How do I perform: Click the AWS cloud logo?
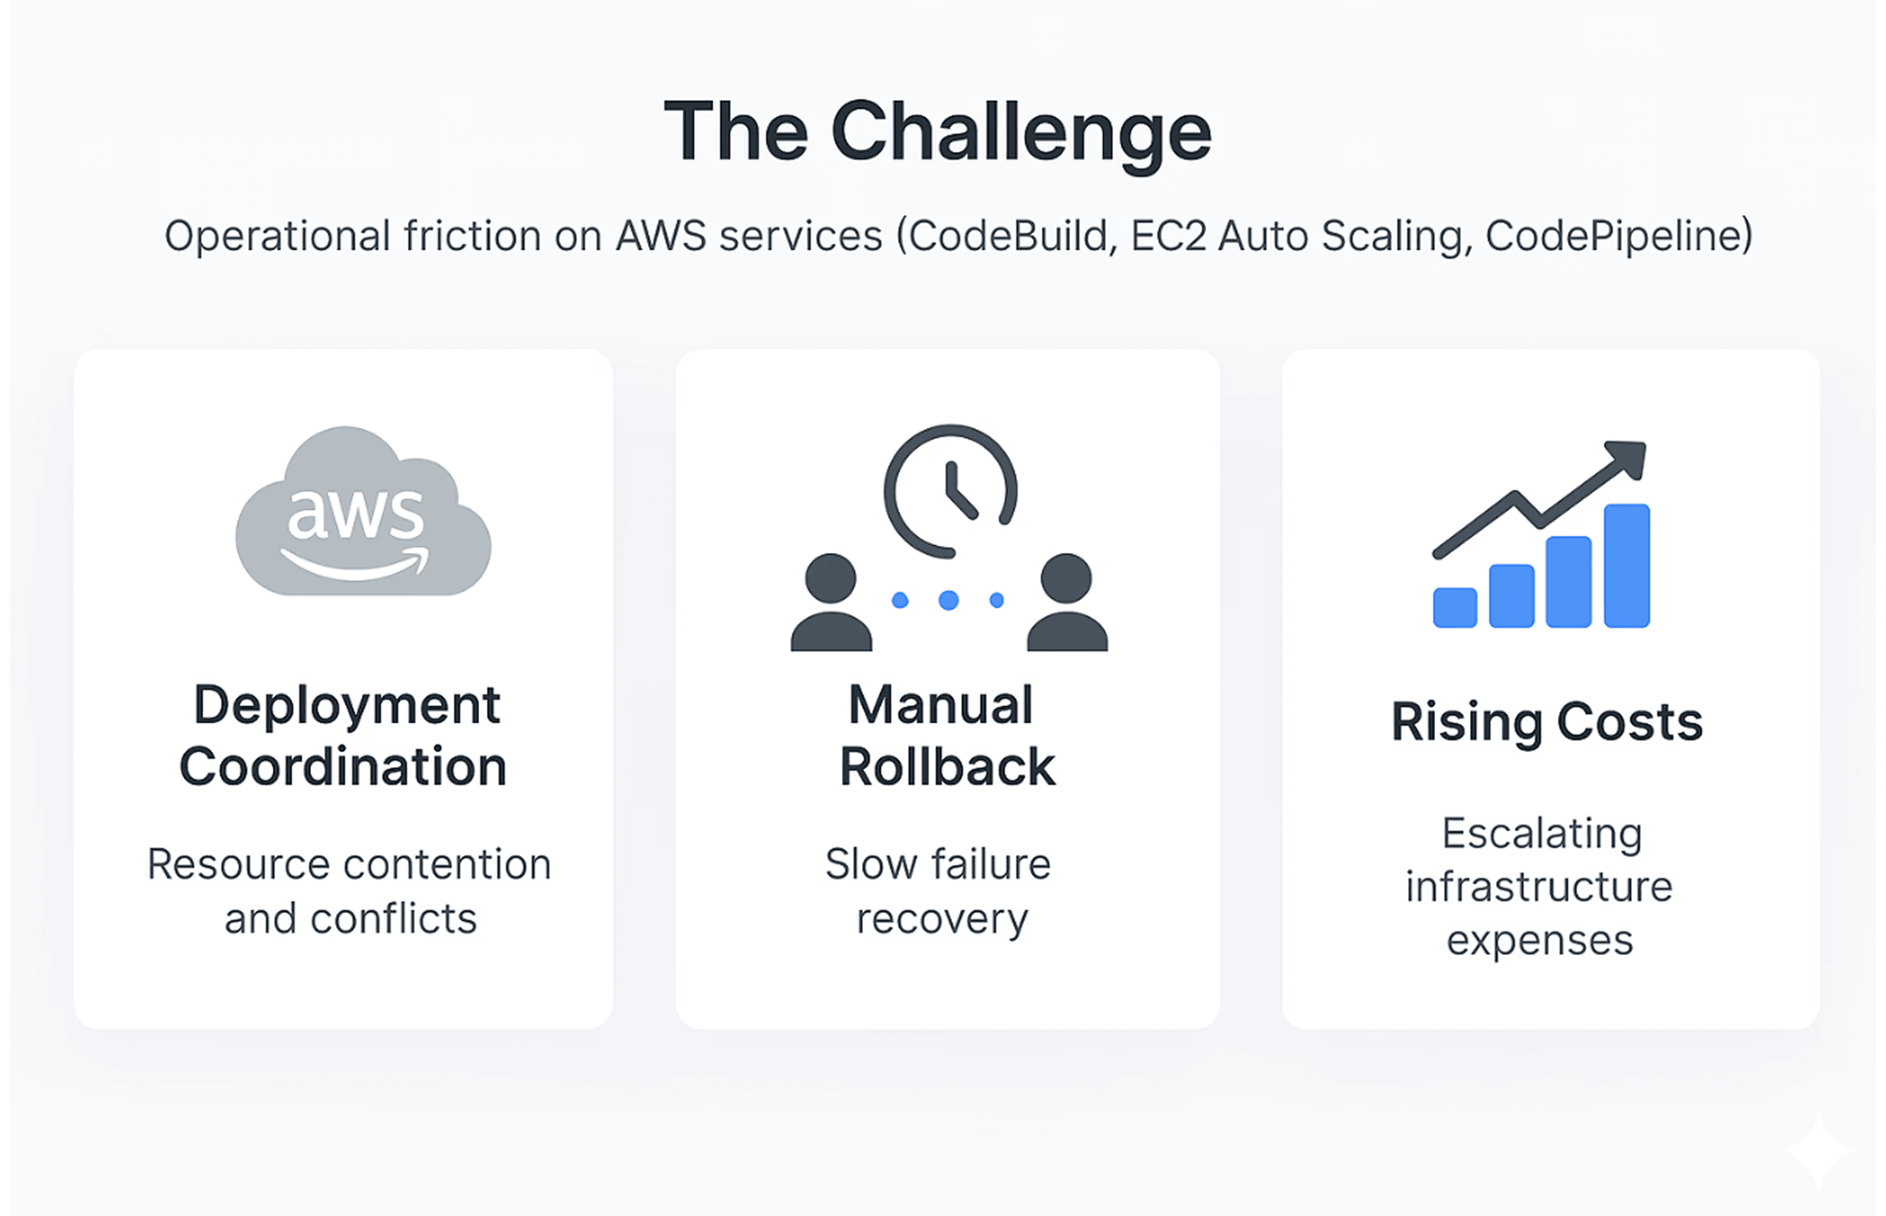click(363, 513)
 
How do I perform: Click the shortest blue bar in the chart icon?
click(1455, 608)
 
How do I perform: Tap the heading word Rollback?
click(947, 767)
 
